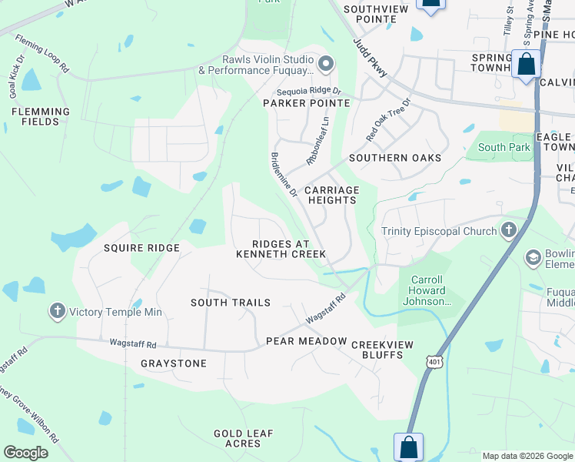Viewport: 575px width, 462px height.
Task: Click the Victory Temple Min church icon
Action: click(57, 312)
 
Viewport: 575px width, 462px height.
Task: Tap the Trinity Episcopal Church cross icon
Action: click(508, 229)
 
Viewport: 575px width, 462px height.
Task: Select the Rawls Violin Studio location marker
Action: click(326, 65)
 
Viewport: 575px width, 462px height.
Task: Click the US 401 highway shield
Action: click(434, 361)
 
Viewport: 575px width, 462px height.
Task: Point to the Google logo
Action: click(25, 453)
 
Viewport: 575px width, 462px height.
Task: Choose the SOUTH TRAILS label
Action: click(231, 303)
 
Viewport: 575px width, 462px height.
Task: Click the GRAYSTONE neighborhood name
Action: click(174, 363)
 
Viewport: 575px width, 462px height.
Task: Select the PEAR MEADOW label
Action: click(307, 340)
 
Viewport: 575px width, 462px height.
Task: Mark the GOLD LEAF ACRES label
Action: click(244, 438)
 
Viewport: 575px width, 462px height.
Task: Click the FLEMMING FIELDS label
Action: click(41, 116)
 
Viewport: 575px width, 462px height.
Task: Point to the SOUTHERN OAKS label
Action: click(395, 158)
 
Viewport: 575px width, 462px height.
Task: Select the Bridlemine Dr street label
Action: click(283, 175)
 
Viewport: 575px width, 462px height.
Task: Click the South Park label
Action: click(503, 147)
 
